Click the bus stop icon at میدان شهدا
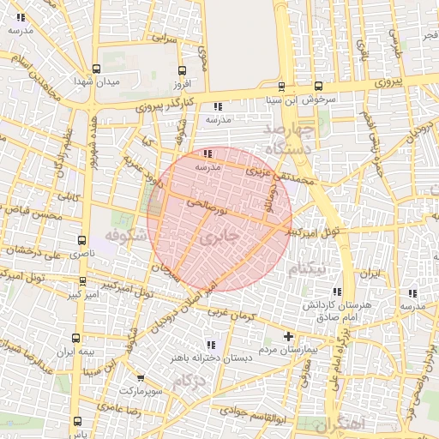pos(95,69)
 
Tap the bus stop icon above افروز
pos(180,71)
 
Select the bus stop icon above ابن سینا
pos(281,86)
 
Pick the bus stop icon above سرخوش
pos(318,86)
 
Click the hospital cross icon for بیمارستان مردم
pos(288,336)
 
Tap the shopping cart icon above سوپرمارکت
pos(140,378)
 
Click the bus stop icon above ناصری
pos(81,241)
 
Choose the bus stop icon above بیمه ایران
pos(76,338)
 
